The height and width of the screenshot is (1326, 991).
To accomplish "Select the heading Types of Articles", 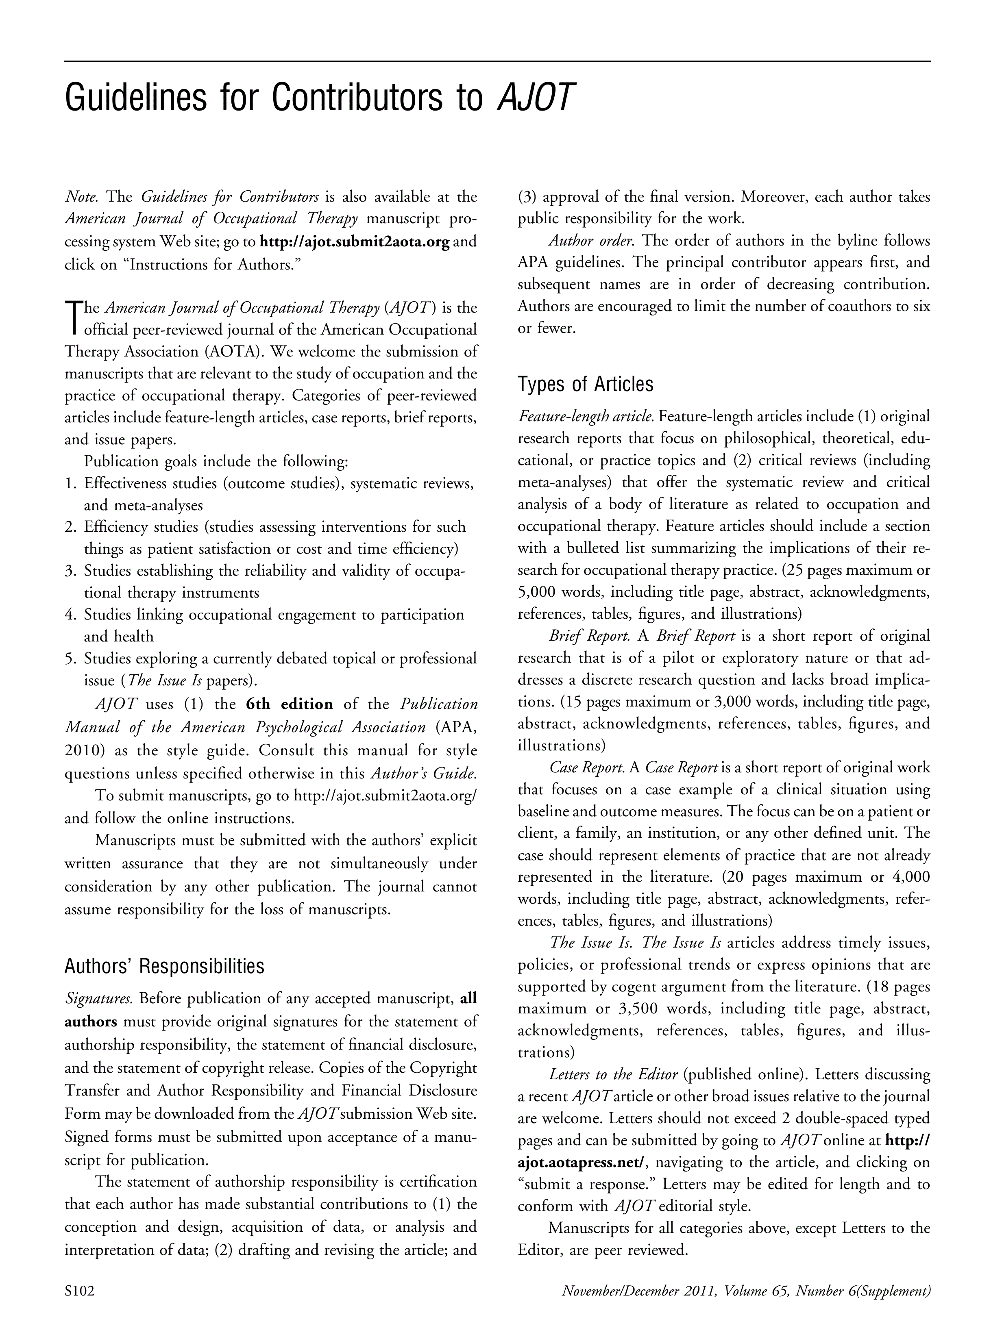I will click(585, 384).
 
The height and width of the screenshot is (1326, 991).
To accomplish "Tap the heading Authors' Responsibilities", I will click(163, 966).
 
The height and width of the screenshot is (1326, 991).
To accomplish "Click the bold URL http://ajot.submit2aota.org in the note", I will click(354, 242).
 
